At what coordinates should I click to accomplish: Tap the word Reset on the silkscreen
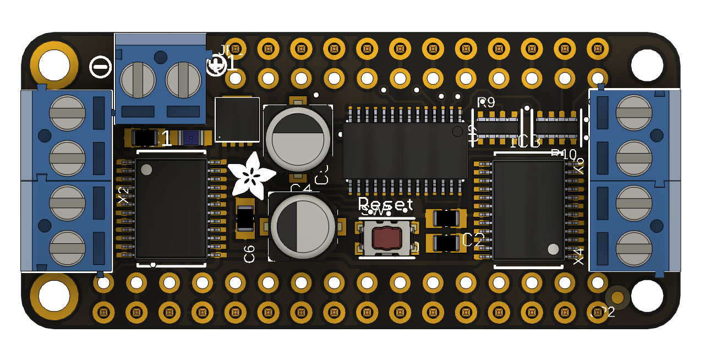[x=385, y=204]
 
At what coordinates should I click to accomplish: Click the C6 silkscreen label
[x=249, y=254]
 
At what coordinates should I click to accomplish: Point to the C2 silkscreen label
[x=473, y=239]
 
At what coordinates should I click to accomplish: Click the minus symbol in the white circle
[x=100, y=67]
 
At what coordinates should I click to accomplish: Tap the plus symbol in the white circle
[x=216, y=66]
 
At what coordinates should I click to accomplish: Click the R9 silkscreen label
[x=486, y=102]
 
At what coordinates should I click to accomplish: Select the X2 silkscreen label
[x=124, y=196]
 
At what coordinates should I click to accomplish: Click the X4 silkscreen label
[x=578, y=256]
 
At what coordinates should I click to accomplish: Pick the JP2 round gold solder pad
[x=617, y=297]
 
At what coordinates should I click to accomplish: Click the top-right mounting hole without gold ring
[x=647, y=65]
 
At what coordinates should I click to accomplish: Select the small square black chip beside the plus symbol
[x=237, y=119]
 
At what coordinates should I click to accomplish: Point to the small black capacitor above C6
[x=245, y=219]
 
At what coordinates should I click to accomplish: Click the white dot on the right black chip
[x=553, y=249]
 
